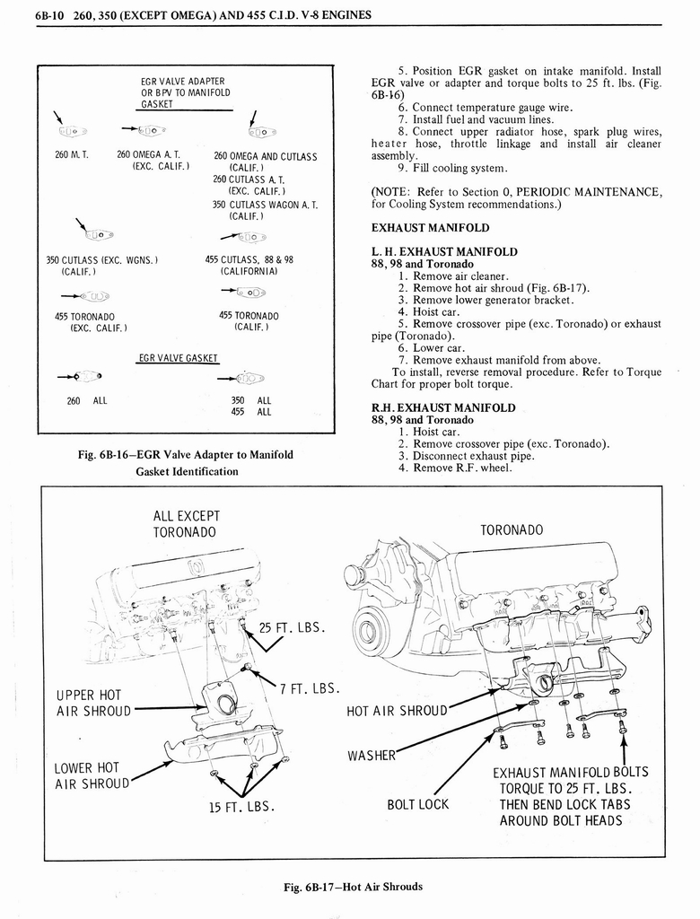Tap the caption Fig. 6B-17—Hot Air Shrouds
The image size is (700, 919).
(353, 886)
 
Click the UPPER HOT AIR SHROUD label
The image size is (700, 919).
(92, 703)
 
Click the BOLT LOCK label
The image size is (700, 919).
(417, 804)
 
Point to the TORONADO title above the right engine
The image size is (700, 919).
(512, 530)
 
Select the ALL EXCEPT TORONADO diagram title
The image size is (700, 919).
(187, 523)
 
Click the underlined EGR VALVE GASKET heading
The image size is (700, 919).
(178, 358)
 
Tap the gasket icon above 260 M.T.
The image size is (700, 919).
(73, 132)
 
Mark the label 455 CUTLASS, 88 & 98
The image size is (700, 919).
(249, 260)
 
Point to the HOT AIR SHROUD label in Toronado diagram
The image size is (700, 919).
(396, 711)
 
